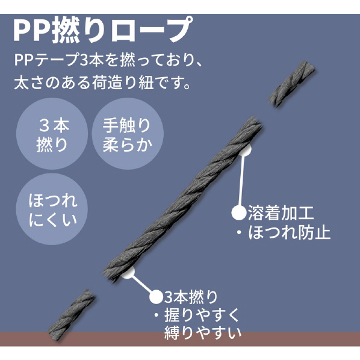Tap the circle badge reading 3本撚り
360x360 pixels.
coord(52,134)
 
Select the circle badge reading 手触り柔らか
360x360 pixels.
coord(128,134)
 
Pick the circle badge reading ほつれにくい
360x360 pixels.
coord(52,209)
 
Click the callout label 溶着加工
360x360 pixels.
coord(281,213)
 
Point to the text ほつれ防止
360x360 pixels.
coord(290,233)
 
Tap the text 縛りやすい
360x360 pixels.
coord(203,332)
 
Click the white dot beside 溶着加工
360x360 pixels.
coord(239,213)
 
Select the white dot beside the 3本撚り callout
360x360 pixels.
coord(157,297)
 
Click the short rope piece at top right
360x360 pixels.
coord(291,84)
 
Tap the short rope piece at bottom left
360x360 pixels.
coord(72,314)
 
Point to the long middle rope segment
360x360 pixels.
coord(182,199)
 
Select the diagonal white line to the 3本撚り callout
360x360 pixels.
coord(142,284)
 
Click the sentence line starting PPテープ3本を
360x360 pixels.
coord(108,60)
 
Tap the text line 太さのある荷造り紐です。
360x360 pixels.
coord(102,82)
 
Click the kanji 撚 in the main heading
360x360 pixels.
coord(66,31)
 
